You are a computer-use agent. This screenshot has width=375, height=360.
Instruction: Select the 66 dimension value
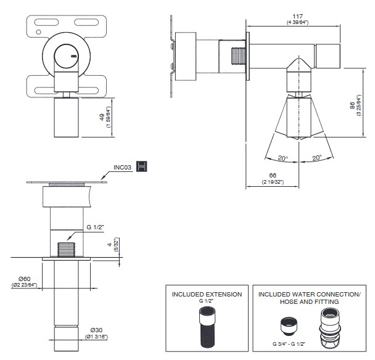point(271,176)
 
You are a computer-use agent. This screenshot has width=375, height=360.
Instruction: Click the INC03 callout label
point(123,166)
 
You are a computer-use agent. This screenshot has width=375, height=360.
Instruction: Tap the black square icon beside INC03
point(144,166)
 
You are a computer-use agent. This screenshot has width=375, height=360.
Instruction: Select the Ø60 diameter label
point(23,278)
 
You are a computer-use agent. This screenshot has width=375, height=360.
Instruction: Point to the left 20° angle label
point(282,158)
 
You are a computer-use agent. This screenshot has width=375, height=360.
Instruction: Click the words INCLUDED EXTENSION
point(207,295)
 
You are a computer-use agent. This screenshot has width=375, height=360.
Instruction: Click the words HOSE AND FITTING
point(308,303)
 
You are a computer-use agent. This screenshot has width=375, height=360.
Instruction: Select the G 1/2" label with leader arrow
point(95,227)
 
